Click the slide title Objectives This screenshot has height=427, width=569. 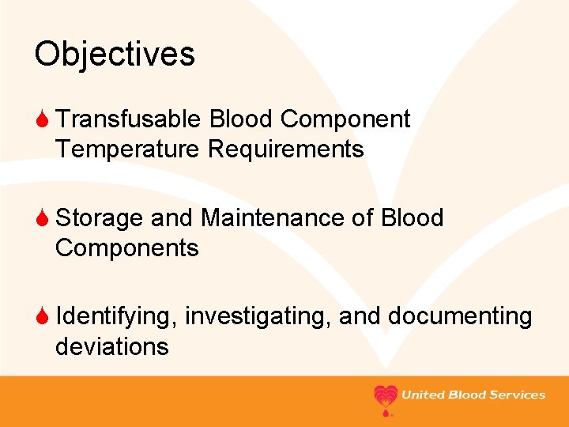click(115, 55)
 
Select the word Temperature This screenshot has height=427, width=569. click(128, 149)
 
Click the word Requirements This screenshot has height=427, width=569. click(285, 149)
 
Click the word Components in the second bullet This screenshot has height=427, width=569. click(126, 248)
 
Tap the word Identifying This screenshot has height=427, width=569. click(117, 316)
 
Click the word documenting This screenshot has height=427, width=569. click(459, 316)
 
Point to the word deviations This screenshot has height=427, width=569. click(111, 346)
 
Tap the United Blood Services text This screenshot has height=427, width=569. click(473, 395)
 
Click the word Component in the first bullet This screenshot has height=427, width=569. click(345, 119)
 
